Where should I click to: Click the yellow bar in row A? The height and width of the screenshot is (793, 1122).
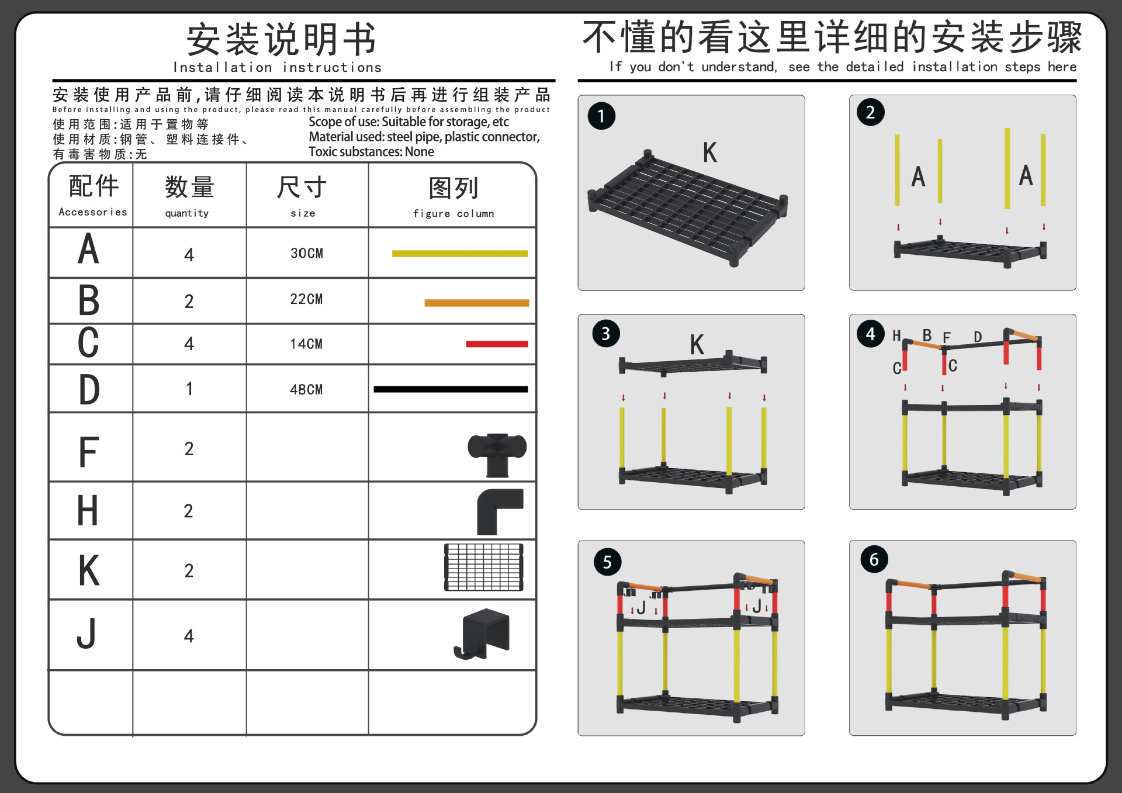pyautogui.click(x=460, y=254)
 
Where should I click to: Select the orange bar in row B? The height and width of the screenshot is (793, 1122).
pyautogui.click(x=476, y=303)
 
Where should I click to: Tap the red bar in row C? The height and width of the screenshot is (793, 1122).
pyautogui.click(x=497, y=344)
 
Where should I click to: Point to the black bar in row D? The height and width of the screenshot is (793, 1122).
pyautogui.click(x=451, y=389)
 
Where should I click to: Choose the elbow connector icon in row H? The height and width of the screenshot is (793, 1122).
pyautogui.click(x=498, y=511)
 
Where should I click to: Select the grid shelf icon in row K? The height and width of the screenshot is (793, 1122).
pyautogui.click(x=483, y=567)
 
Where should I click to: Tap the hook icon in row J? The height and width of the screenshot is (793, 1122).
pyautogui.click(x=483, y=633)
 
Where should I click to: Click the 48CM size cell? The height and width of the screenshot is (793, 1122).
pyautogui.click(x=306, y=389)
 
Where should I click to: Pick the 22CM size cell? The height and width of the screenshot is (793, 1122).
pyautogui.click(x=306, y=299)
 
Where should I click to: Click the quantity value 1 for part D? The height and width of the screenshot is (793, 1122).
pyautogui.click(x=189, y=389)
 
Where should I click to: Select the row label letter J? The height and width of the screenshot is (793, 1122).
pyautogui.click(x=86, y=634)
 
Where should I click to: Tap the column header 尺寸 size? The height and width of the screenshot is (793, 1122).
pyautogui.click(x=302, y=196)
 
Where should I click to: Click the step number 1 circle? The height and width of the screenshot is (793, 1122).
pyautogui.click(x=601, y=116)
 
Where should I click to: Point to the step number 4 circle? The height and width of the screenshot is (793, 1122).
pyautogui.click(x=871, y=334)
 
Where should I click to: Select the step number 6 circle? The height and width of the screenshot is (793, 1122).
pyautogui.click(x=874, y=559)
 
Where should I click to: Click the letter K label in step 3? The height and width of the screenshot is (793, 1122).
pyautogui.click(x=697, y=345)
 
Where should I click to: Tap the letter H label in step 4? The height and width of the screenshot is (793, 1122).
pyautogui.click(x=896, y=335)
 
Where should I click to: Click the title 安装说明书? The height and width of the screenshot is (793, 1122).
pyautogui.click(x=281, y=40)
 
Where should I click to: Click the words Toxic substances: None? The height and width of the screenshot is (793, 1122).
pyautogui.click(x=371, y=152)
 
